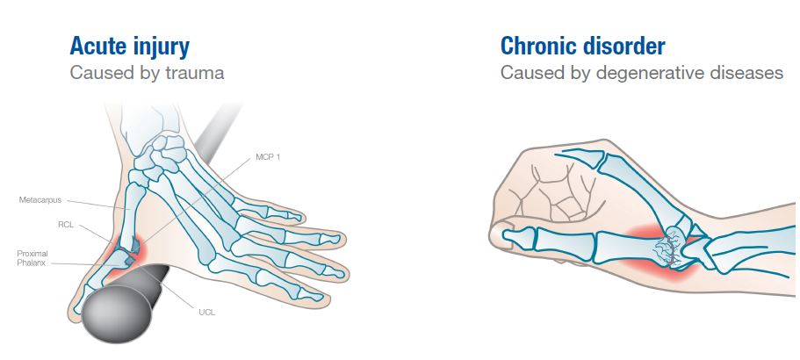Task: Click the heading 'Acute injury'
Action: point(129,45)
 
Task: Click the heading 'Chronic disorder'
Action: point(582,45)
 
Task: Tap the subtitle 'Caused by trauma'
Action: point(147,73)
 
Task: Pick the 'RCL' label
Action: point(66,225)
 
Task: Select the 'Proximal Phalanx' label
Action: point(33,258)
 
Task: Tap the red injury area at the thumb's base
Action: point(121,257)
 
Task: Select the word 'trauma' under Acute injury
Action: point(196,73)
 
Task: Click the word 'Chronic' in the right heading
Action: point(541,45)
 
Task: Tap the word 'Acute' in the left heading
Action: point(97,45)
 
